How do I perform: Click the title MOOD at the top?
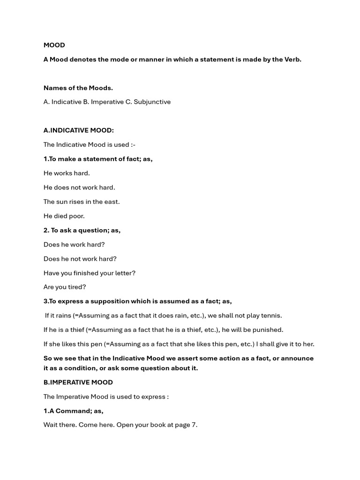54,45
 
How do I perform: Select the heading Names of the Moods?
78,88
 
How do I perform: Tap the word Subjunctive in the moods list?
152,102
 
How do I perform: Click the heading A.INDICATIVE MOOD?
79,130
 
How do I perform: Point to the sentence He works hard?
67,173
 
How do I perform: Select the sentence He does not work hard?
79,187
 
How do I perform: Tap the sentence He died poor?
64,216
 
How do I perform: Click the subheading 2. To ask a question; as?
82,230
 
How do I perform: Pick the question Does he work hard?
74,244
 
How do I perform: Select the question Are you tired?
65,287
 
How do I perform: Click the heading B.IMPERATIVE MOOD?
78,382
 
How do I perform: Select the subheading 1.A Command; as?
74,411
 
